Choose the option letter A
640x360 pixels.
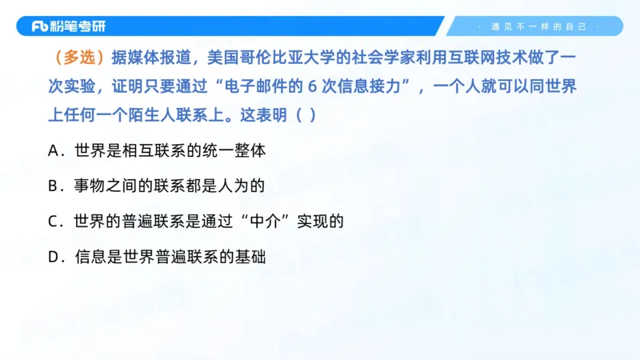[54, 150]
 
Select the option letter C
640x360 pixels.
[54, 222]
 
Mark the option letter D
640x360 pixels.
[54, 258]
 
